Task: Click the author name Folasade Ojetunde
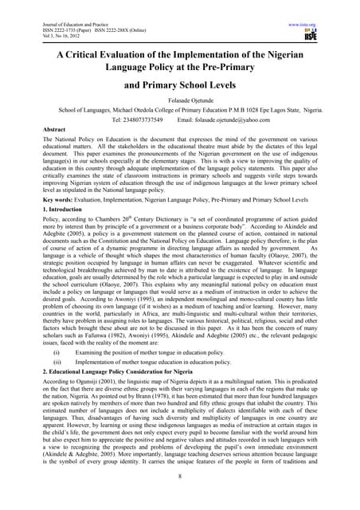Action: click(179, 101)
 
